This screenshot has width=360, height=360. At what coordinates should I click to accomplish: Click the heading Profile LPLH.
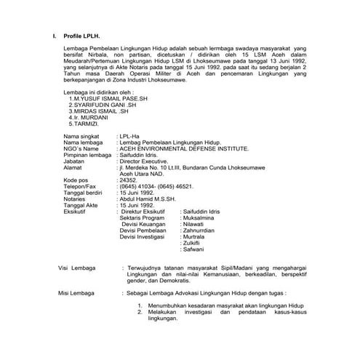point(81,34)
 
